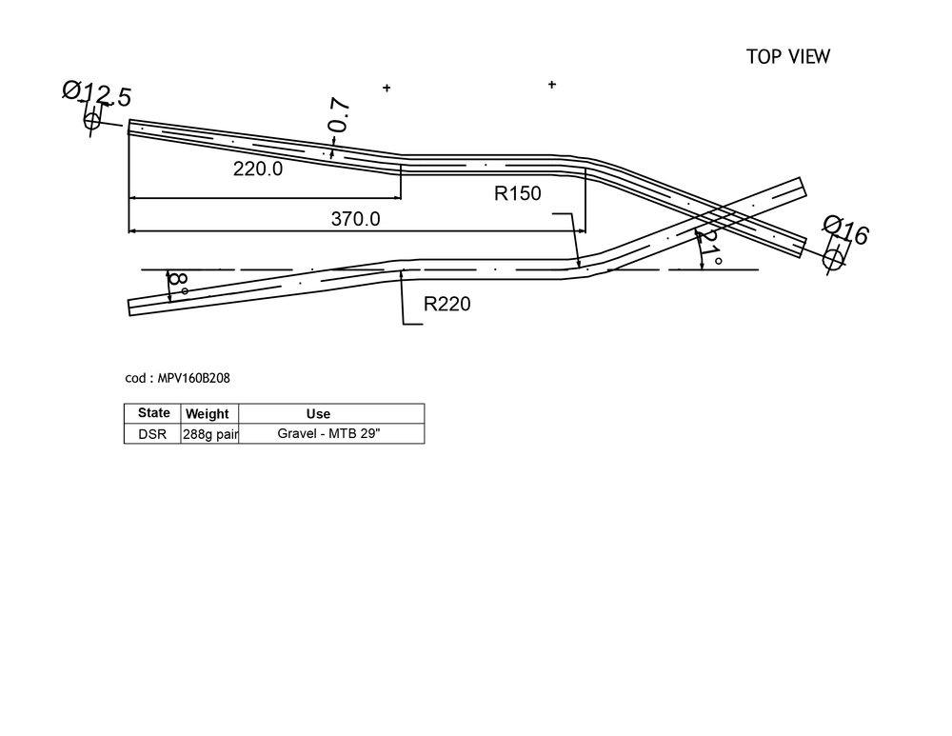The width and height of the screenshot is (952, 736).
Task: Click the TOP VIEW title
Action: pyautogui.click(x=788, y=56)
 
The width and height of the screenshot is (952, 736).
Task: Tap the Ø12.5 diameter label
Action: pyautogui.click(x=97, y=93)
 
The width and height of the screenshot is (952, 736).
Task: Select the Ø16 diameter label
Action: pyautogui.click(x=845, y=230)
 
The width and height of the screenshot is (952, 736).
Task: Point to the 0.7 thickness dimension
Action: pyautogui.click(x=339, y=114)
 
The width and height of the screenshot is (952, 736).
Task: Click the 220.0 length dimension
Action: pyautogui.click(x=258, y=169)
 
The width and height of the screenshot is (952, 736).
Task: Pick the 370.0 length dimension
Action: pyautogui.click(x=356, y=219)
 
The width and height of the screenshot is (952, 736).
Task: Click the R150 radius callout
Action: pyautogui.click(x=517, y=193)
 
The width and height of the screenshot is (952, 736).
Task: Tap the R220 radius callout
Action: pyautogui.click(x=446, y=304)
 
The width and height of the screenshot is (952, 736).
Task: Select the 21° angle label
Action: pyautogui.click(x=708, y=246)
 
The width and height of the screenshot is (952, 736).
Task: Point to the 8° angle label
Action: pyautogui.click(x=178, y=283)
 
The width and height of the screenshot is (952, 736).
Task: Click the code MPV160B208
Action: pyautogui.click(x=193, y=378)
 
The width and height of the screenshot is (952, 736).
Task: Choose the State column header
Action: pyautogui.click(x=153, y=413)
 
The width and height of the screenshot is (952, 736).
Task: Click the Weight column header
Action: pyautogui.click(x=207, y=414)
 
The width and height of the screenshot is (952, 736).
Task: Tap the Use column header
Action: pyautogui.click(x=318, y=414)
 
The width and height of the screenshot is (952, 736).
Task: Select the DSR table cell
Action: pyautogui.click(x=152, y=434)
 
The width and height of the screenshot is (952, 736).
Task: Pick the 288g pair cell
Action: pyautogui.click(x=210, y=435)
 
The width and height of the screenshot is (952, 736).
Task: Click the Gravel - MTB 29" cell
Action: pyautogui.click(x=328, y=433)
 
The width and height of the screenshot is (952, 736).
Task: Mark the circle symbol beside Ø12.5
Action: pyautogui.click(x=91, y=121)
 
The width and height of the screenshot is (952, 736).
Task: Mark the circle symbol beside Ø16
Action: pyautogui.click(x=833, y=259)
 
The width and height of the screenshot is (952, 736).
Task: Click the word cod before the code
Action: pyautogui.click(x=135, y=378)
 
